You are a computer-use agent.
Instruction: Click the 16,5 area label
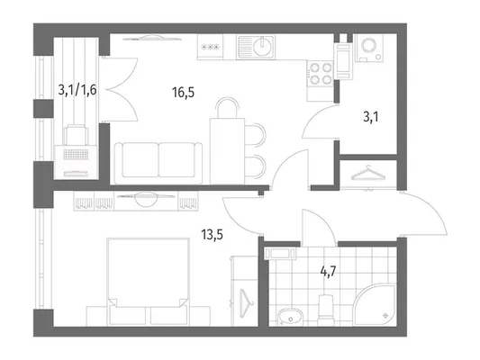point(183,92)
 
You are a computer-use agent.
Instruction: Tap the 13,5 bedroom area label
point(212,235)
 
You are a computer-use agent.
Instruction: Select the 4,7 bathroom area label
point(328,271)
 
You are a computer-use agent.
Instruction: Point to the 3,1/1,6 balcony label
point(77,90)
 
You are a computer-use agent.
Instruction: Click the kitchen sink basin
point(255,47)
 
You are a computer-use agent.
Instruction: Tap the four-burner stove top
point(321,74)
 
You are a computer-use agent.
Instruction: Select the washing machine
point(369,48)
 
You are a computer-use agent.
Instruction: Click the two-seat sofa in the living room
point(158,163)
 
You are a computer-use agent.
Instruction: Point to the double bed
point(148,282)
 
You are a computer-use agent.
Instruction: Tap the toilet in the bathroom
point(325,310)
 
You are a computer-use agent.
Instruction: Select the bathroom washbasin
point(290,317)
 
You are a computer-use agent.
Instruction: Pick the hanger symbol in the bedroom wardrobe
point(246,302)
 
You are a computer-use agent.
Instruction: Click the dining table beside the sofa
point(227,151)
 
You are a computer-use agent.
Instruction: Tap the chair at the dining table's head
point(227,107)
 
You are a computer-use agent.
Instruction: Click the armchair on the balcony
point(76,135)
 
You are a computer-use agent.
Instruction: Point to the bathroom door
point(318,228)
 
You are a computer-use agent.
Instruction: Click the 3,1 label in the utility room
point(371,117)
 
